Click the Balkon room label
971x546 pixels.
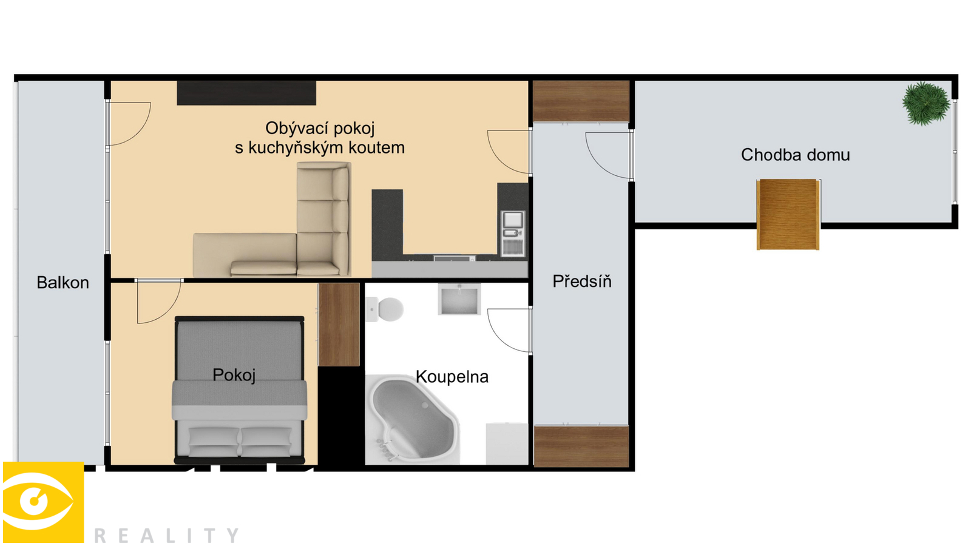coord(63,283)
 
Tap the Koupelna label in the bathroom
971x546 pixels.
coord(452,377)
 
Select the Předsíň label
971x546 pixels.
coord(582,281)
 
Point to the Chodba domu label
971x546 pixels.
coord(795,155)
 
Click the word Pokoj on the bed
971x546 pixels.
coord(234,376)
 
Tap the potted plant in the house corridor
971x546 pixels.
coord(926,104)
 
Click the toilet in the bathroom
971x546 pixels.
coord(385,309)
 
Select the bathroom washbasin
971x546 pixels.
coord(459,299)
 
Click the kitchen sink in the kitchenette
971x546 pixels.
coord(513,220)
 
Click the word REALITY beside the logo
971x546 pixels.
coord(166,536)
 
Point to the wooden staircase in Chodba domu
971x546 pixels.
coord(788,215)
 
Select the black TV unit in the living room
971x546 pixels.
coord(246,93)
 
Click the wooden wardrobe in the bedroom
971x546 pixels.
coord(339,325)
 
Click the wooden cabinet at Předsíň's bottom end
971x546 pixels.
coord(581,447)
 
